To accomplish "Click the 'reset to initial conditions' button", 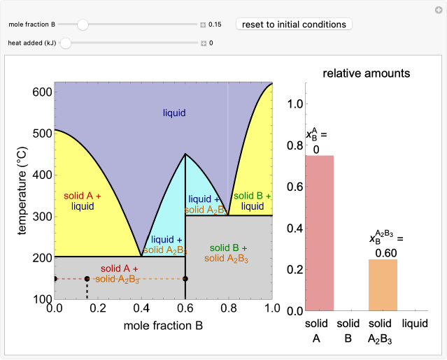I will point(294,24).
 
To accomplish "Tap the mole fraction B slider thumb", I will point(83,24).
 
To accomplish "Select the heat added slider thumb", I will point(66,43).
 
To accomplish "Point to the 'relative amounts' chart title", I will point(366,73).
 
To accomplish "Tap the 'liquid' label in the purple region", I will point(175,113).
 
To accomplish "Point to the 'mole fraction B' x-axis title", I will point(163,326).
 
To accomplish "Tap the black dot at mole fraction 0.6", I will point(185,279).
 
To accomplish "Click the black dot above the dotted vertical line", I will point(87,279).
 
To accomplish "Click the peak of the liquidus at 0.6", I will point(185,154).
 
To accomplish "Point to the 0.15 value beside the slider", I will point(215,24).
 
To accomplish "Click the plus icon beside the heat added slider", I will point(204,43).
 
